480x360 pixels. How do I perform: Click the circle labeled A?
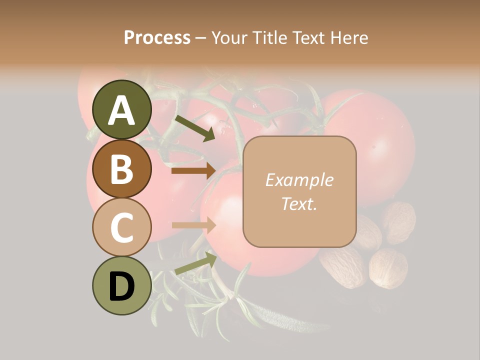click(122, 109)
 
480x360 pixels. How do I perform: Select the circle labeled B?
click(122, 168)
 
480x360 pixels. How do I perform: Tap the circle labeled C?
click(122, 227)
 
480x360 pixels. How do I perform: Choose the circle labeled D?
click(122, 285)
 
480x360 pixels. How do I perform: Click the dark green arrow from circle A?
click(194, 128)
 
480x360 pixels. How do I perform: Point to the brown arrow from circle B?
click(193, 171)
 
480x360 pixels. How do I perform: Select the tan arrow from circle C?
click(193, 225)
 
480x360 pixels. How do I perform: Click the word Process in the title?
click(157, 38)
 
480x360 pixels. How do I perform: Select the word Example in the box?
click(299, 180)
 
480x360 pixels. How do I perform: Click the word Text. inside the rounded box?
click(299, 203)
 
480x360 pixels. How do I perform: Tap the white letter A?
click(122, 110)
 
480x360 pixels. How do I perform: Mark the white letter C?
click(122, 227)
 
